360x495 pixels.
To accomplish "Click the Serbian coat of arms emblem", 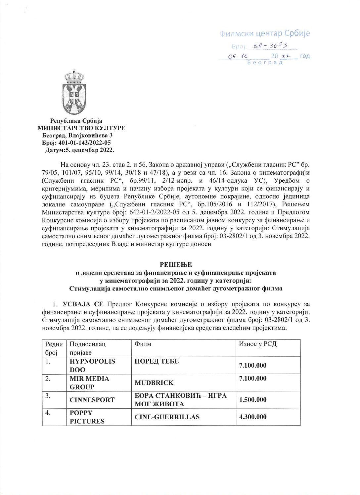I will point(74,92).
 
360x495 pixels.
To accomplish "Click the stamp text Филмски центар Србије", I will point(264,33).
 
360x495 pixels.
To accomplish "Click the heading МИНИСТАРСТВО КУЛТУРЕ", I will point(81,128).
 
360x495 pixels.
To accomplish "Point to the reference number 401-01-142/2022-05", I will point(85,143).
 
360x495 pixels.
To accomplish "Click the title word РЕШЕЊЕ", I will point(176,264).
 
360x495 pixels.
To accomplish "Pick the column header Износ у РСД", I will point(258,344).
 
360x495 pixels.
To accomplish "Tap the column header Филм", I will point(143,344).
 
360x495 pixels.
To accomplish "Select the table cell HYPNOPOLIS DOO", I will point(92,365).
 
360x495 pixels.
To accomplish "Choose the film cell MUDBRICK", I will point(154,382).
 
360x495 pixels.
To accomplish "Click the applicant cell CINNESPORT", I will point(92,400).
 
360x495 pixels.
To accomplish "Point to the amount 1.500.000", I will point(253,400).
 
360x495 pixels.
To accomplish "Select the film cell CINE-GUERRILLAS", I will point(167,417).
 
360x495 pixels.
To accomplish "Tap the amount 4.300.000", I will point(253,417).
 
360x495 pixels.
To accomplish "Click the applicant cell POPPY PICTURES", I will point(87,417).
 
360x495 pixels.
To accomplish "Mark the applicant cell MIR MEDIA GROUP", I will point(89,382).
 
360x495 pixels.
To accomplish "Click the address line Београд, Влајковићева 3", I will point(77,135).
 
